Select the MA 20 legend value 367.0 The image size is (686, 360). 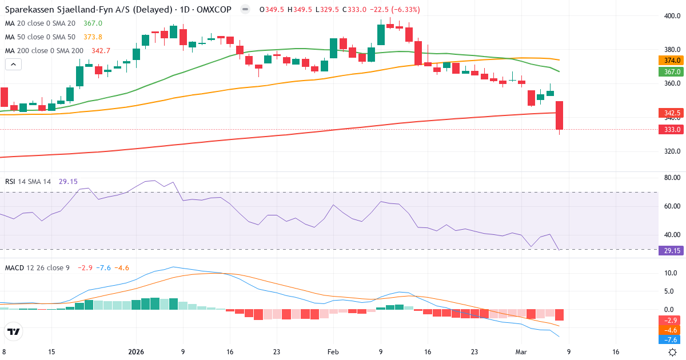tap(93, 23)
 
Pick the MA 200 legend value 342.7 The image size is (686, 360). tap(101, 51)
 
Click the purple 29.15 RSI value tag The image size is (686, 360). tap(671, 250)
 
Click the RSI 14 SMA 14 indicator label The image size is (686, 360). tap(28, 181)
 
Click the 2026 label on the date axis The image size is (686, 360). tap(136, 352)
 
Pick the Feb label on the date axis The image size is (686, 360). tap(333, 352)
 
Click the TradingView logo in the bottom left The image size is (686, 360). tap(14, 331)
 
